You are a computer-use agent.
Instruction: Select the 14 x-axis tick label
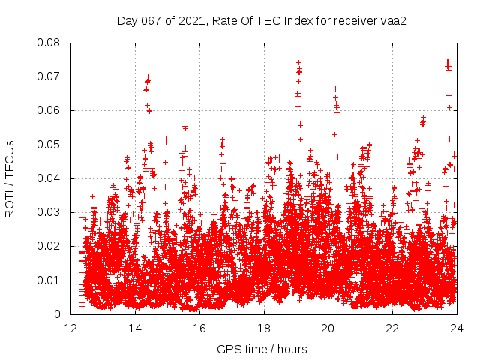pyautogui.click(x=135, y=328)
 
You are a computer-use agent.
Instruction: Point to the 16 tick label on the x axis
pyautogui.click(x=199, y=328)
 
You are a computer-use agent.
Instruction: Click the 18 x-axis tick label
pyautogui.click(x=264, y=328)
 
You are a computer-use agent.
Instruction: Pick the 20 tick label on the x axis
pyautogui.click(x=328, y=328)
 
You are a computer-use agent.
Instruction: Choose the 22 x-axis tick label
pyautogui.click(x=392, y=328)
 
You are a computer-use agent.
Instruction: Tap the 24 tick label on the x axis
pyautogui.click(x=456, y=328)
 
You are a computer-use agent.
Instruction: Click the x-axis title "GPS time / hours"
pyautogui.click(x=262, y=349)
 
